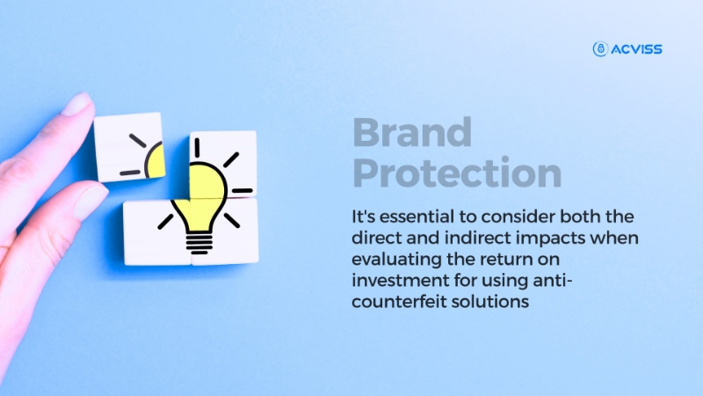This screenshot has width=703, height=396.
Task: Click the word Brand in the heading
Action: click(x=412, y=133)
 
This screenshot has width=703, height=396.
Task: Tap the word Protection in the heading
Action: click(x=457, y=172)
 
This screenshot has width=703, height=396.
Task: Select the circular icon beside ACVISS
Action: click(x=601, y=49)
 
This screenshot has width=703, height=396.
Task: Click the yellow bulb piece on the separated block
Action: click(x=156, y=160)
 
